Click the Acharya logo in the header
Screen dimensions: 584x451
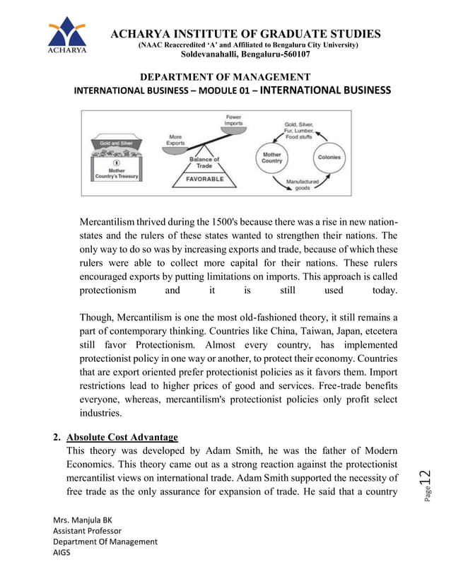(67, 36)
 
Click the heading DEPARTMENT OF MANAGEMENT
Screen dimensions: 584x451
(225, 77)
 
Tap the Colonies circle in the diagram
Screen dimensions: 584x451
(329, 158)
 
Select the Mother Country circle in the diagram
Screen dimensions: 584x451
(272, 157)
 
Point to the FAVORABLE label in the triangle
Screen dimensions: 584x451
(204, 180)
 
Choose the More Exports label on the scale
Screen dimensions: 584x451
(175, 139)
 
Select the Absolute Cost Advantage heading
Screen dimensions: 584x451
(122, 437)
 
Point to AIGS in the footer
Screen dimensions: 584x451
(62, 553)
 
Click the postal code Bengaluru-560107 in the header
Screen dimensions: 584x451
(245, 54)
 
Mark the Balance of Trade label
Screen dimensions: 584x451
(204, 162)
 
